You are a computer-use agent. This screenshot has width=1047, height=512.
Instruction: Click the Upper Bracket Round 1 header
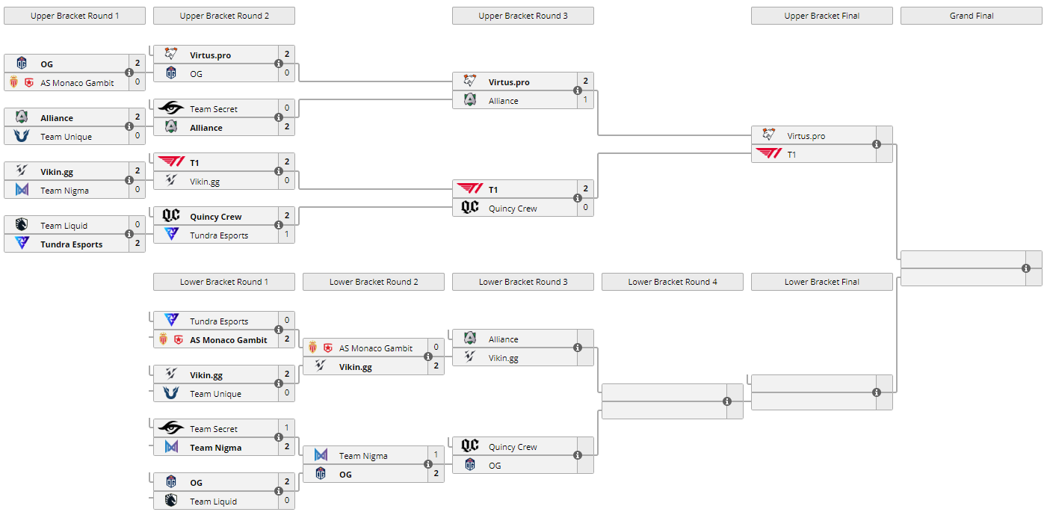[x=75, y=16]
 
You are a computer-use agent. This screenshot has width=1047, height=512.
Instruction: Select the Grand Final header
[x=971, y=16]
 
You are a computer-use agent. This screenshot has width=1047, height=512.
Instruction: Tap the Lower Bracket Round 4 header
[x=672, y=282]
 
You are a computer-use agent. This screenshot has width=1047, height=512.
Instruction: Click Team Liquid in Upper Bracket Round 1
[x=64, y=226]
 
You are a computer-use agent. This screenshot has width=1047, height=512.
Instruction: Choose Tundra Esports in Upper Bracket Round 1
[x=71, y=244]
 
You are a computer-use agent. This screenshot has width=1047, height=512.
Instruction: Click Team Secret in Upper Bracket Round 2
[x=213, y=109]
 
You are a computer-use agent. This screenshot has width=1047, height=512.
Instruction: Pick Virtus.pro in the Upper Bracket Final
[x=806, y=136]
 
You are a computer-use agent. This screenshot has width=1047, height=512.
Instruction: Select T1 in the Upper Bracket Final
[x=791, y=155]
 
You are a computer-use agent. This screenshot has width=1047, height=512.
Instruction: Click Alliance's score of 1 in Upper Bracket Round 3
[x=585, y=99]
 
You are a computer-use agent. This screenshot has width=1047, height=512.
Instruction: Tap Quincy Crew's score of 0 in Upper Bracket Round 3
[x=585, y=207]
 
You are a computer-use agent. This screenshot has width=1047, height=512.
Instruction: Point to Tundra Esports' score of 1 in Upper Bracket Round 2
[x=286, y=234]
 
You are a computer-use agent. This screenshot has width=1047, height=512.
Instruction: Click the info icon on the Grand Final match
[x=1026, y=268]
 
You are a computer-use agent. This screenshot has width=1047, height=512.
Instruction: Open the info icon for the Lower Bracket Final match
[x=877, y=392]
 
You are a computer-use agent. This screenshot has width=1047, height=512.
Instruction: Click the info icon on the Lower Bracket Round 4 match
[x=727, y=401]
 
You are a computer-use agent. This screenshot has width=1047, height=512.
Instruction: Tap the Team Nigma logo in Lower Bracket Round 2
[x=321, y=455]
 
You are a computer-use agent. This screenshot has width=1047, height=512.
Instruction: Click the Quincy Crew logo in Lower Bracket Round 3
[x=469, y=446]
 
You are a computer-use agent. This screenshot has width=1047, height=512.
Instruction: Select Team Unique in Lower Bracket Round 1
[x=215, y=394]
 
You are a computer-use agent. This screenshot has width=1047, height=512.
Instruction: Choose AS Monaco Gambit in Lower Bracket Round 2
[x=375, y=348]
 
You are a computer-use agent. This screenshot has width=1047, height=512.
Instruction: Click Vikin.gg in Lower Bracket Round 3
[x=503, y=358]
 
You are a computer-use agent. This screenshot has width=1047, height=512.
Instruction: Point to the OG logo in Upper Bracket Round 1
[x=22, y=64]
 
